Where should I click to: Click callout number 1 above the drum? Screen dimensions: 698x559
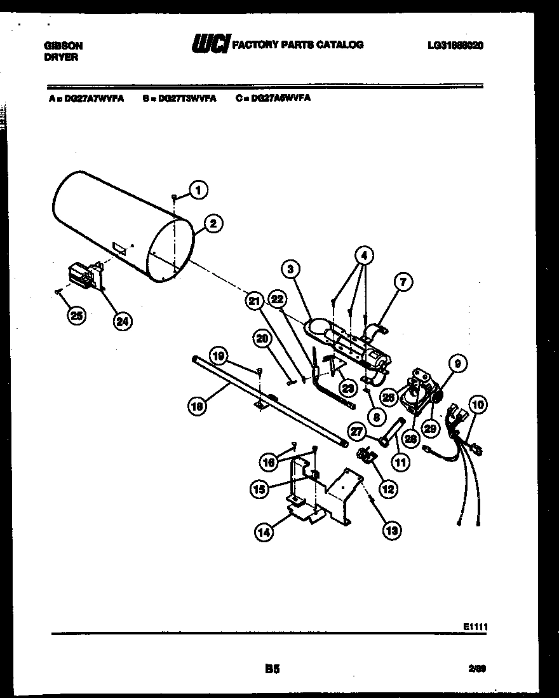pyautogui.click(x=198, y=189)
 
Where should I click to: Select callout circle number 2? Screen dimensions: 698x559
pyautogui.click(x=213, y=223)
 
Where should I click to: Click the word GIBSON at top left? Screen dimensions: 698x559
pyautogui.click(x=64, y=46)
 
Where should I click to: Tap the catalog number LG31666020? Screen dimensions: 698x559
pyautogui.click(x=455, y=46)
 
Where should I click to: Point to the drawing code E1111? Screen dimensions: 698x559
pyautogui.click(x=475, y=626)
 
